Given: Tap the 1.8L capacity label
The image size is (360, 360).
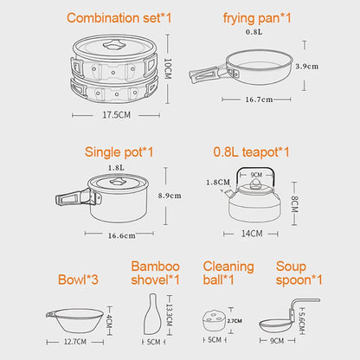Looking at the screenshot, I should tap(114, 168).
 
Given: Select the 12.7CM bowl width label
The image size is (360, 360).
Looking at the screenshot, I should tap(80, 341).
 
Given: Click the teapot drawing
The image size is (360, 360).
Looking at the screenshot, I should tap(252, 200).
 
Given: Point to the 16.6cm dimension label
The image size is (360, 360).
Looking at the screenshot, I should tap(120, 235).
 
